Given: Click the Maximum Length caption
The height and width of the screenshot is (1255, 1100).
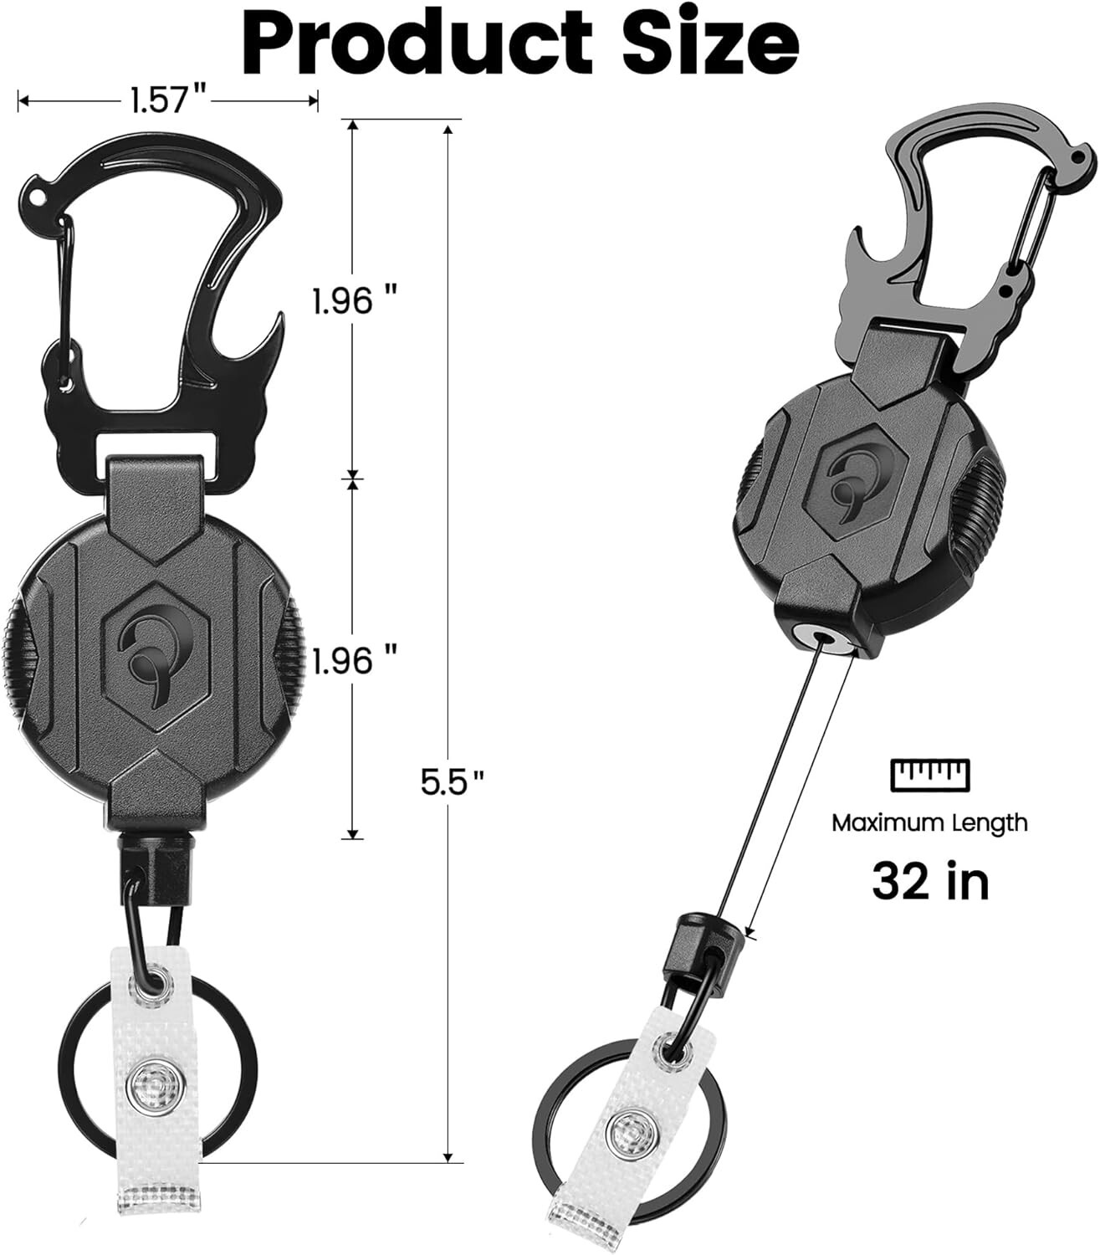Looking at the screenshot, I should click(x=929, y=822).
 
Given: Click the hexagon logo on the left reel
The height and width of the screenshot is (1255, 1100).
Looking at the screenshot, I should click(x=158, y=644).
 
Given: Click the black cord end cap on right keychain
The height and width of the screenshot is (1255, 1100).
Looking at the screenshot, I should click(x=701, y=944).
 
